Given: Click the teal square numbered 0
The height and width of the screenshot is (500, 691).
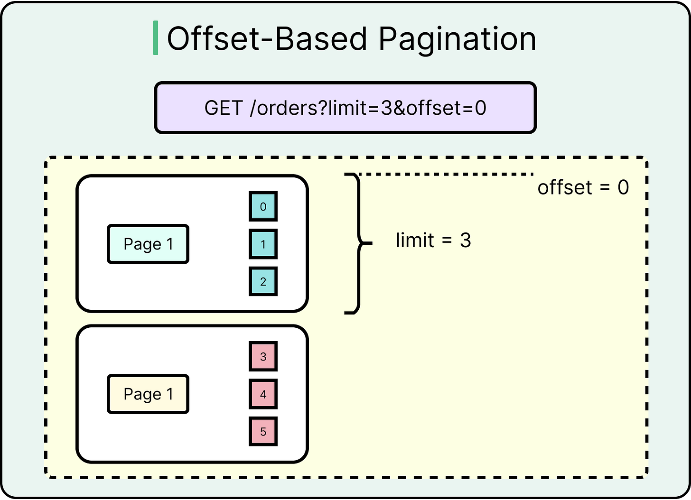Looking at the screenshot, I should click(x=263, y=206).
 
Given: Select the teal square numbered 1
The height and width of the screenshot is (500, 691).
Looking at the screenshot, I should click(x=263, y=244).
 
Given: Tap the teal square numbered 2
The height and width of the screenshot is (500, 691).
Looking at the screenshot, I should click(x=263, y=281).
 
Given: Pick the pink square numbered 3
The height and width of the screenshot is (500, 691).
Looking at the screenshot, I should click(x=263, y=356).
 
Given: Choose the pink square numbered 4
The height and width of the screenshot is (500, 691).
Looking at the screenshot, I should click(x=263, y=394).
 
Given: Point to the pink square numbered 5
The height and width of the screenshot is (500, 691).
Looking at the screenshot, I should click(x=263, y=432).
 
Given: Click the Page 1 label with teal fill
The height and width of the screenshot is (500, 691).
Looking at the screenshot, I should click(x=148, y=244).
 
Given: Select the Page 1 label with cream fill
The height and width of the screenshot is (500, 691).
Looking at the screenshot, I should click(x=148, y=394).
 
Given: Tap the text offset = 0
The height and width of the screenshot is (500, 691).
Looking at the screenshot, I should click(x=583, y=188).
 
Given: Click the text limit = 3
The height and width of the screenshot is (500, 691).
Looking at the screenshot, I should click(x=433, y=241).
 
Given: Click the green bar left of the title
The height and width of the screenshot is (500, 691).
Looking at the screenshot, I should click(x=156, y=38).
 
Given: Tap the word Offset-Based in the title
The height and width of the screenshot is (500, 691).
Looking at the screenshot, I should click(x=267, y=38).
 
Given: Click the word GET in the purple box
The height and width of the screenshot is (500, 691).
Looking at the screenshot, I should click(x=224, y=108).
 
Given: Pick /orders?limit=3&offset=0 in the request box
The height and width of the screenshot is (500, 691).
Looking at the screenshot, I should click(x=368, y=108).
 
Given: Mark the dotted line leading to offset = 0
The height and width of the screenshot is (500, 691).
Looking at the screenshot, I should click(x=446, y=174).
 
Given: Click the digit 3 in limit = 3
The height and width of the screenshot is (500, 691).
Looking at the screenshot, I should click(x=465, y=241).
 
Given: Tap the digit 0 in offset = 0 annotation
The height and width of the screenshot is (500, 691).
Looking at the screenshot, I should click(x=623, y=188).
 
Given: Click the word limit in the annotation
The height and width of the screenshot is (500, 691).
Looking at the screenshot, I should click(x=415, y=241).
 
